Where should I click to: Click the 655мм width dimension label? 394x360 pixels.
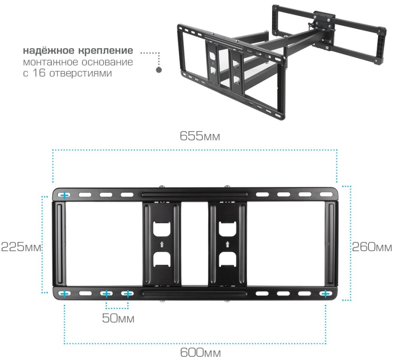[x=200, y=136]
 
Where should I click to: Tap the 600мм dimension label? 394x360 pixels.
[x=200, y=353]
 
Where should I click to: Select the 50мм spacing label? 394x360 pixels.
[x=118, y=319]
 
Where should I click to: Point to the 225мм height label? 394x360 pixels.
[x=21, y=247]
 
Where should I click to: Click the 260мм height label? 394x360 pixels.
[x=372, y=247]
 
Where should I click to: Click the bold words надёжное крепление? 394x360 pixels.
[x=78, y=51]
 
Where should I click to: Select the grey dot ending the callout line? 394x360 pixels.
[x=158, y=70]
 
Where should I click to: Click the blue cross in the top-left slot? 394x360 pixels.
[x=65, y=195]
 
